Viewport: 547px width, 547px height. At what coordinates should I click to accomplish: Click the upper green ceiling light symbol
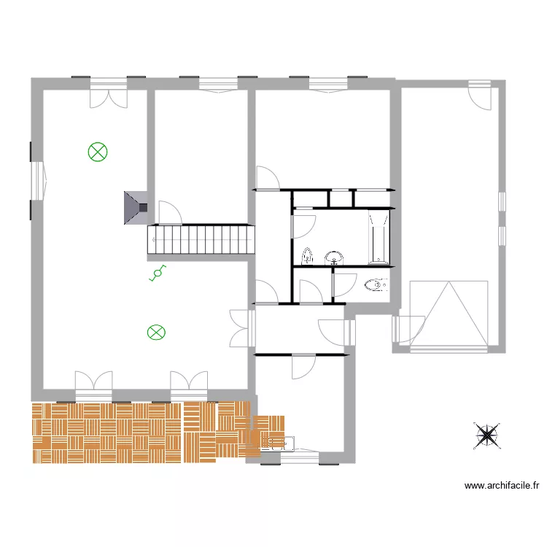click(98, 152)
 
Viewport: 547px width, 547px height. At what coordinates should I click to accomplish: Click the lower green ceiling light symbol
click(156, 333)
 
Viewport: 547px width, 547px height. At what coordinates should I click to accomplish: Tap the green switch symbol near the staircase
click(156, 273)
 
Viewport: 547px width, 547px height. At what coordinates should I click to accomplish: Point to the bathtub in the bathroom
click(379, 236)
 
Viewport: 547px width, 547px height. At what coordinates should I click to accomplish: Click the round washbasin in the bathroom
click(334, 257)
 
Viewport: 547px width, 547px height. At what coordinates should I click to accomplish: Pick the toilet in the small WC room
click(374, 284)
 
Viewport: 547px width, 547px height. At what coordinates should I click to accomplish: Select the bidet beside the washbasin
click(308, 256)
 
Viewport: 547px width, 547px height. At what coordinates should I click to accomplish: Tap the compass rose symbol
click(486, 435)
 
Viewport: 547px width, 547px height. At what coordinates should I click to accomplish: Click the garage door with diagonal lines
click(449, 314)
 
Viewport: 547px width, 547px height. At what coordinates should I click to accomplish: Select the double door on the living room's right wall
click(241, 327)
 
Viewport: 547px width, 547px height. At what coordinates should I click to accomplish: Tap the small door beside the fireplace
click(169, 212)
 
